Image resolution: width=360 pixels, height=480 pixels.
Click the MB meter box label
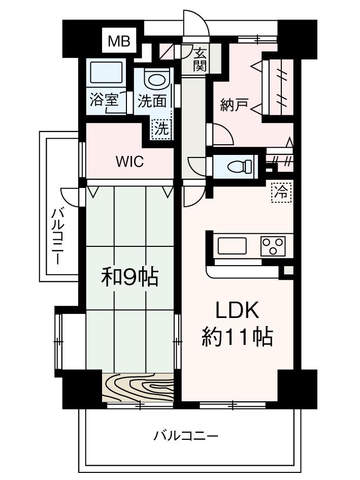click(119, 42)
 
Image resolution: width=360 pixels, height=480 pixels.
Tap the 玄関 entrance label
click(200, 59)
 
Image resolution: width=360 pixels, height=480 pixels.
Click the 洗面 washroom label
click(152, 101)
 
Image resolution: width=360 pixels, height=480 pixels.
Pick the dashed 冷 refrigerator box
click(281, 191)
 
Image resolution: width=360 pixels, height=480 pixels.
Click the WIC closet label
click(129, 162)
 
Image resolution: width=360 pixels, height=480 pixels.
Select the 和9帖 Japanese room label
click(130, 277)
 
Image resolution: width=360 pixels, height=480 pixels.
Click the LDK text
click(238, 310)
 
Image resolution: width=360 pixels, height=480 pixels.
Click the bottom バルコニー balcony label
click(186, 436)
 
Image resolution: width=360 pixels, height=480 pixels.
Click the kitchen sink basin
click(232, 246)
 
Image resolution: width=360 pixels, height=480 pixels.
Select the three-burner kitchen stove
click(273, 246)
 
